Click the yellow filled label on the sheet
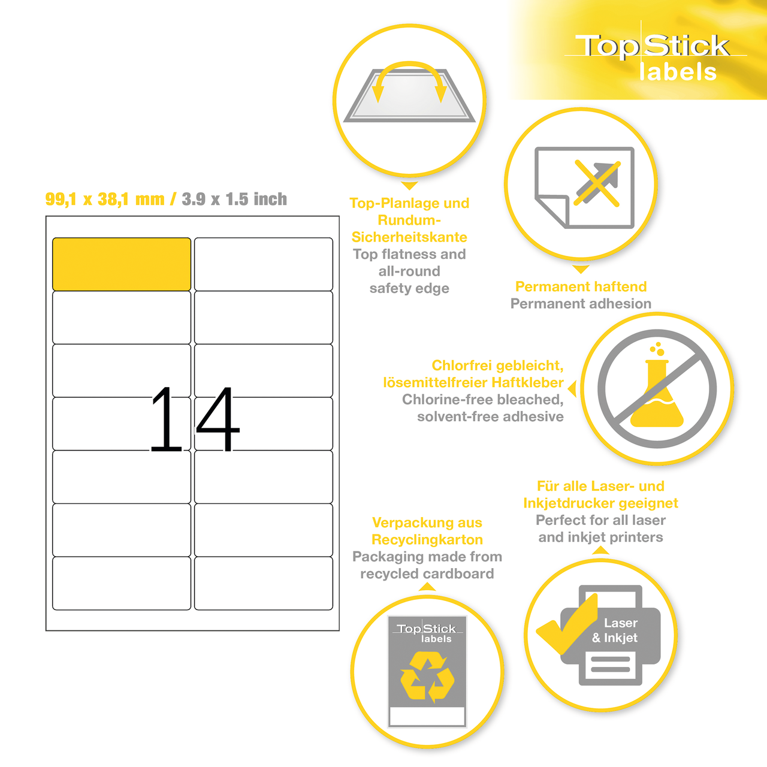point(122,264)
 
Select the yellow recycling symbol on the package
point(427,677)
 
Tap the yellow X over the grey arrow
point(597,183)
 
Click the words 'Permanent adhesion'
point(581,304)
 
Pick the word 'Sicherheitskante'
point(409,237)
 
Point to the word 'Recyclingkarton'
point(427,540)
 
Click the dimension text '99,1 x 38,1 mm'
point(105,200)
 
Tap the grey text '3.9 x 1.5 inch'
point(234,200)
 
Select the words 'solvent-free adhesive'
point(490,416)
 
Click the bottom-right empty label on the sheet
point(264,584)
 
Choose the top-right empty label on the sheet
point(264,264)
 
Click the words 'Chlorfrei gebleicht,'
point(497,366)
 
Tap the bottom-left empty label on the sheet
point(122,584)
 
